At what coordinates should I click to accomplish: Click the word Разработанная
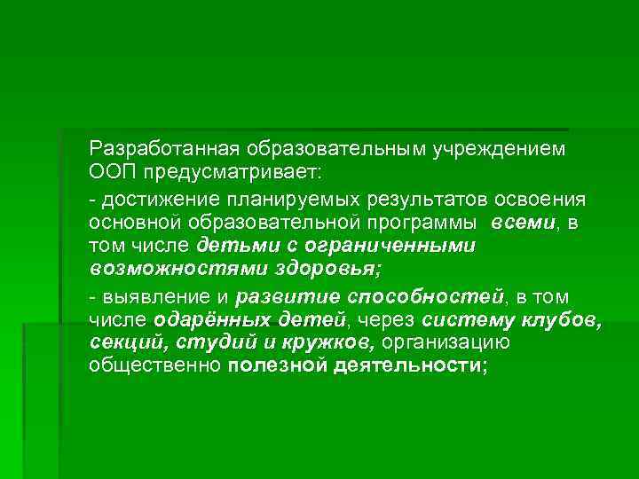[164, 148]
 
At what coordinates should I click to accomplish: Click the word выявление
[148, 294]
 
